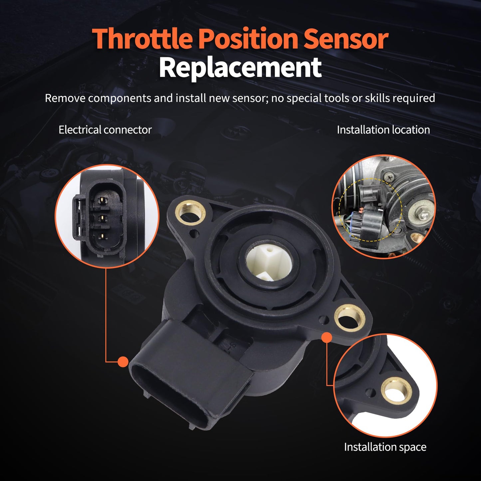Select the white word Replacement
coord(240,68)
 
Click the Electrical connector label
coord(105,130)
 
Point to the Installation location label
coord(383,130)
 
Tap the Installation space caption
coord(385,447)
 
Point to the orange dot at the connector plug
coord(123,362)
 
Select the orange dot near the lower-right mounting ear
coord(327,338)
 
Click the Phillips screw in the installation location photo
coord(388,179)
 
